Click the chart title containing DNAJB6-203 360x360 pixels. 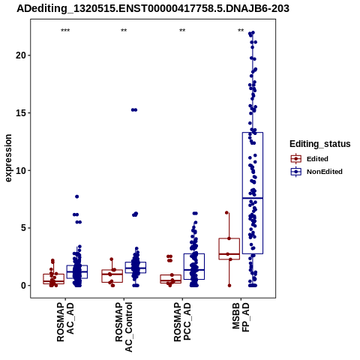click(x=153, y=9)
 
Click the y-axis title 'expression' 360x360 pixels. click(x=8, y=158)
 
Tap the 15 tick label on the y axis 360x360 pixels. click(x=21, y=112)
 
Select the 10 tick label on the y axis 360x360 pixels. click(x=21, y=170)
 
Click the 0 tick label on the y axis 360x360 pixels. click(x=24, y=286)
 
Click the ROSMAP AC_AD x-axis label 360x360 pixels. click(x=65, y=322)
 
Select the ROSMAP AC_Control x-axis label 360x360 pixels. click(x=124, y=327)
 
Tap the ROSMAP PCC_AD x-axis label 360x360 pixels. click(x=182, y=322)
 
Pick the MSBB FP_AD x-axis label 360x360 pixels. click(x=241, y=317)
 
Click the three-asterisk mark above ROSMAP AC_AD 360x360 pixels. click(x=65, y=31)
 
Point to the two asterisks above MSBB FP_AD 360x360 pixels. click(x=241, y=31)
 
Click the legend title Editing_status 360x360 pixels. click(x=320, y=144)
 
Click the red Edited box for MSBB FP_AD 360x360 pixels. click(x=229, y=249)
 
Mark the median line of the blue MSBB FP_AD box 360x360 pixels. click(x=253, y=198)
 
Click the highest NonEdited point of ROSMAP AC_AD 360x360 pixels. click(x=77, y=196)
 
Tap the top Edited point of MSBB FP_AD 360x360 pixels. click(x=226, y=213)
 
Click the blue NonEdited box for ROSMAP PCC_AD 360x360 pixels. click(x=194, y=266)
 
